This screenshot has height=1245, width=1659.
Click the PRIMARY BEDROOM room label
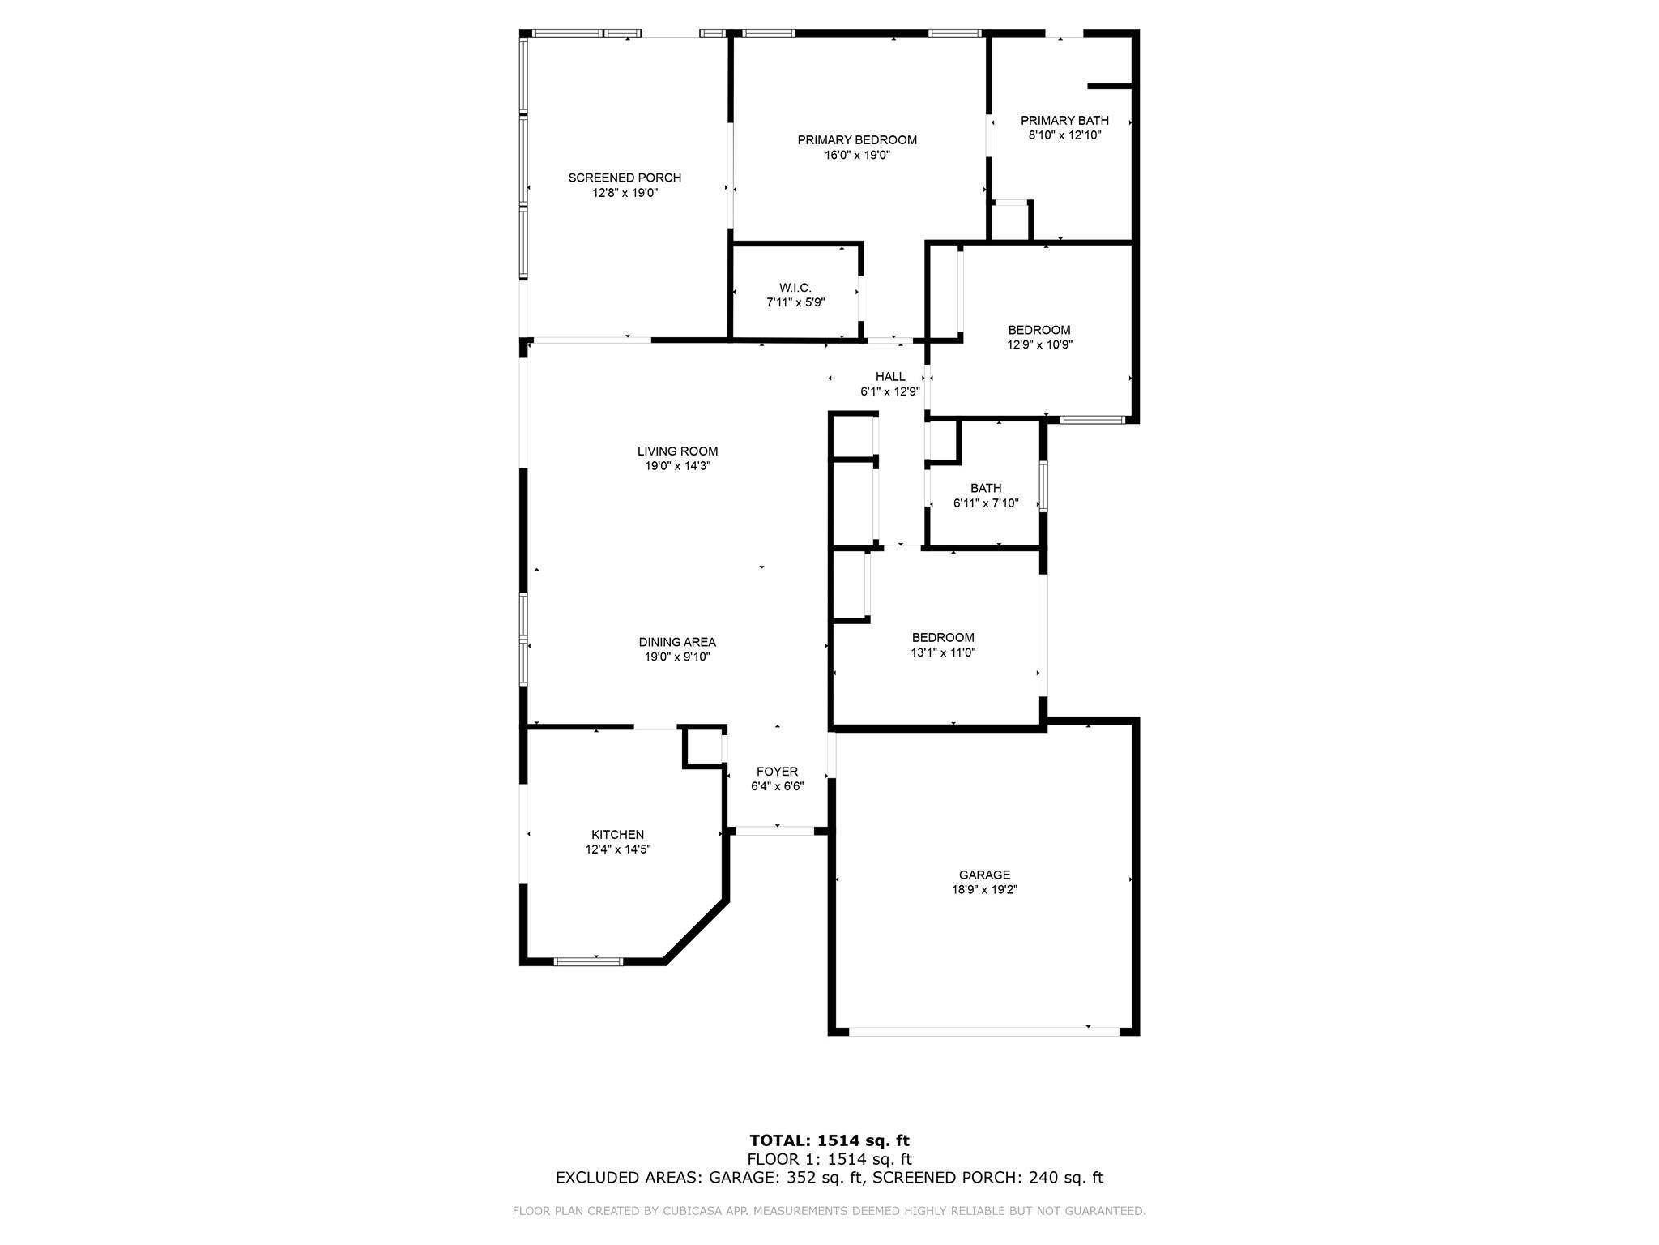pos(857,140)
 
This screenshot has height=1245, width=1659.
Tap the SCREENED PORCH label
pos(625,178)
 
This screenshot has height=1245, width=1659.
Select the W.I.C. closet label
pos(795,288)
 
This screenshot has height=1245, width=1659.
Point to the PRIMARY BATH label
pos(1064,121)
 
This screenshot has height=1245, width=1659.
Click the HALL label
pos(890,376)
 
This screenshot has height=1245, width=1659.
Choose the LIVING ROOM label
pos(677,451)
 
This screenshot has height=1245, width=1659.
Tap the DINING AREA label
pos(677,643)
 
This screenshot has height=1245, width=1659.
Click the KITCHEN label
pos(618,835)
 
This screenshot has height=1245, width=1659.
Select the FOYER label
pos(778,772)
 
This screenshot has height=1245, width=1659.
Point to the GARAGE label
pos(985,875)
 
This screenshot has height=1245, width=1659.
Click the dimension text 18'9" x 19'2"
pos(985,889)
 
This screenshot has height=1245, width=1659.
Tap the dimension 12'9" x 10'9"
pos(1039,344)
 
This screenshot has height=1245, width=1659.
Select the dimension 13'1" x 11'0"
pos(943,652)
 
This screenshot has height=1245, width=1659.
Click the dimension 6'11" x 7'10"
pos(986,503)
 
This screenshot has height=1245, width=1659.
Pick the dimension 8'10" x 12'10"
pos(1064,135)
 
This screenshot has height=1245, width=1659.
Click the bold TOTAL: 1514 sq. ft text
pos(829,1141)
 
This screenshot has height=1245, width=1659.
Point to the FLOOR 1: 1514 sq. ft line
pos(829,1160)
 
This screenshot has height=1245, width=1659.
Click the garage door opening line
pos(984,1032)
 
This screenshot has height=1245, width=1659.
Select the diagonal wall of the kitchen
pos(696,931)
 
